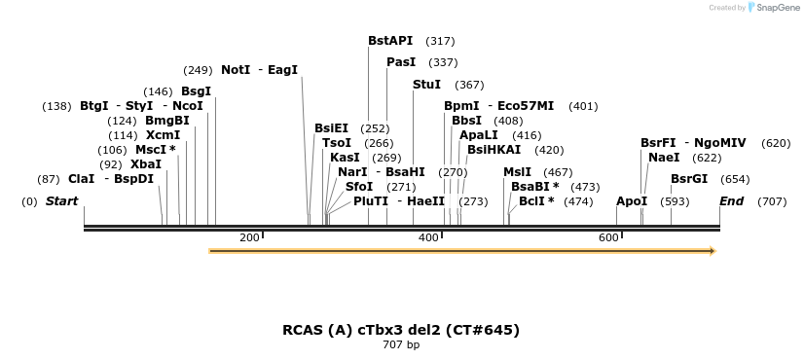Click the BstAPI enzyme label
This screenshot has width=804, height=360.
(390, 41)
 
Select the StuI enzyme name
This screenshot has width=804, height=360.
(426, 84)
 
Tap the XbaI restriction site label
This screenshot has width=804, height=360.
(146, 164)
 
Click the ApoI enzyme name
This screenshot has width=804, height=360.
(632, 201)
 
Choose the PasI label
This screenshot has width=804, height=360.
(401, 62)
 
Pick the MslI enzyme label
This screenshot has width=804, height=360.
(518, 172)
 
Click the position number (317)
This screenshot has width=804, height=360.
(440, 41)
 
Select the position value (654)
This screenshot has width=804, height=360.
(735, 179)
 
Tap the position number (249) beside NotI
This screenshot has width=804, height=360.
(198, 70)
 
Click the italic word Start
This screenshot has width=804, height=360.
(61, 201)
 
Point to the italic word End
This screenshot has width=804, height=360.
(731, 201)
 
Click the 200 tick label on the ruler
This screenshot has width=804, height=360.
(249, 237)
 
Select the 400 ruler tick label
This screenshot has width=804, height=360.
(428, 237)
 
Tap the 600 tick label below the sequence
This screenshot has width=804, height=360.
(608, 237)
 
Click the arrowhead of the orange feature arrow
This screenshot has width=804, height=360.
(713, 251)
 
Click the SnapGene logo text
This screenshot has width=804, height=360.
(778, 8)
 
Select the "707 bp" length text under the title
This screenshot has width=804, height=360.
(401, 344)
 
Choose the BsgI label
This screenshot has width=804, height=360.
(196, 91)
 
